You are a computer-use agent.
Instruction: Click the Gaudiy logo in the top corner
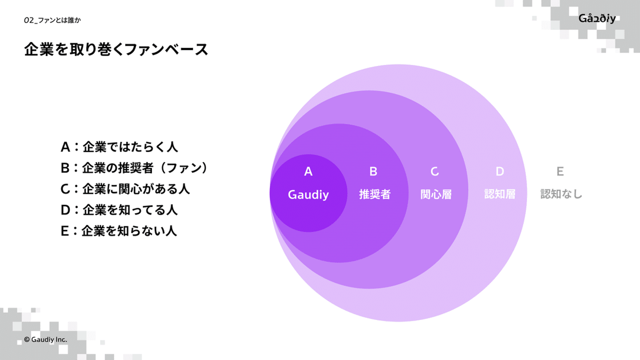point(597,18)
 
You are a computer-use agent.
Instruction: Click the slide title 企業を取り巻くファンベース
point(116,50)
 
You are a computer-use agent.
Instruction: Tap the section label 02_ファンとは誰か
point(52,20)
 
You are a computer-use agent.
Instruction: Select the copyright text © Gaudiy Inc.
point(46,339)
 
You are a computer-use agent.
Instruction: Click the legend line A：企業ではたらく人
point(119,147)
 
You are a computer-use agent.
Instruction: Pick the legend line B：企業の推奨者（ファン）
point(134,168)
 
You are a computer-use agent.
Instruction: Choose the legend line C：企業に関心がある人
point(125,189)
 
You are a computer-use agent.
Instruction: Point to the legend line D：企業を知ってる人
point(119,210)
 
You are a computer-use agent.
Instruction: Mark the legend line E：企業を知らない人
point(119,231)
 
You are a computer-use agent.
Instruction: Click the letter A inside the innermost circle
point(308,172)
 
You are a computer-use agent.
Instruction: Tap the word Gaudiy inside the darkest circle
point(308,194)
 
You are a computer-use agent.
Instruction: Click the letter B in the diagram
point(373,172)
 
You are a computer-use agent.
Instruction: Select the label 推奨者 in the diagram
point(375,194)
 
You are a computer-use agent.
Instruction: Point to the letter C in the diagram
point(435,172)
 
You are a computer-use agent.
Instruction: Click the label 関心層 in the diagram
point(436,194)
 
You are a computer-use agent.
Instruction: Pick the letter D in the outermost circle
point(500,172)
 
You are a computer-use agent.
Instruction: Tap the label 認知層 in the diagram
point(500,194)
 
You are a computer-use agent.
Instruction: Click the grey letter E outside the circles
point(560,172)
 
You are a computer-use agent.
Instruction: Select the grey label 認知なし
point(561,194)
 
